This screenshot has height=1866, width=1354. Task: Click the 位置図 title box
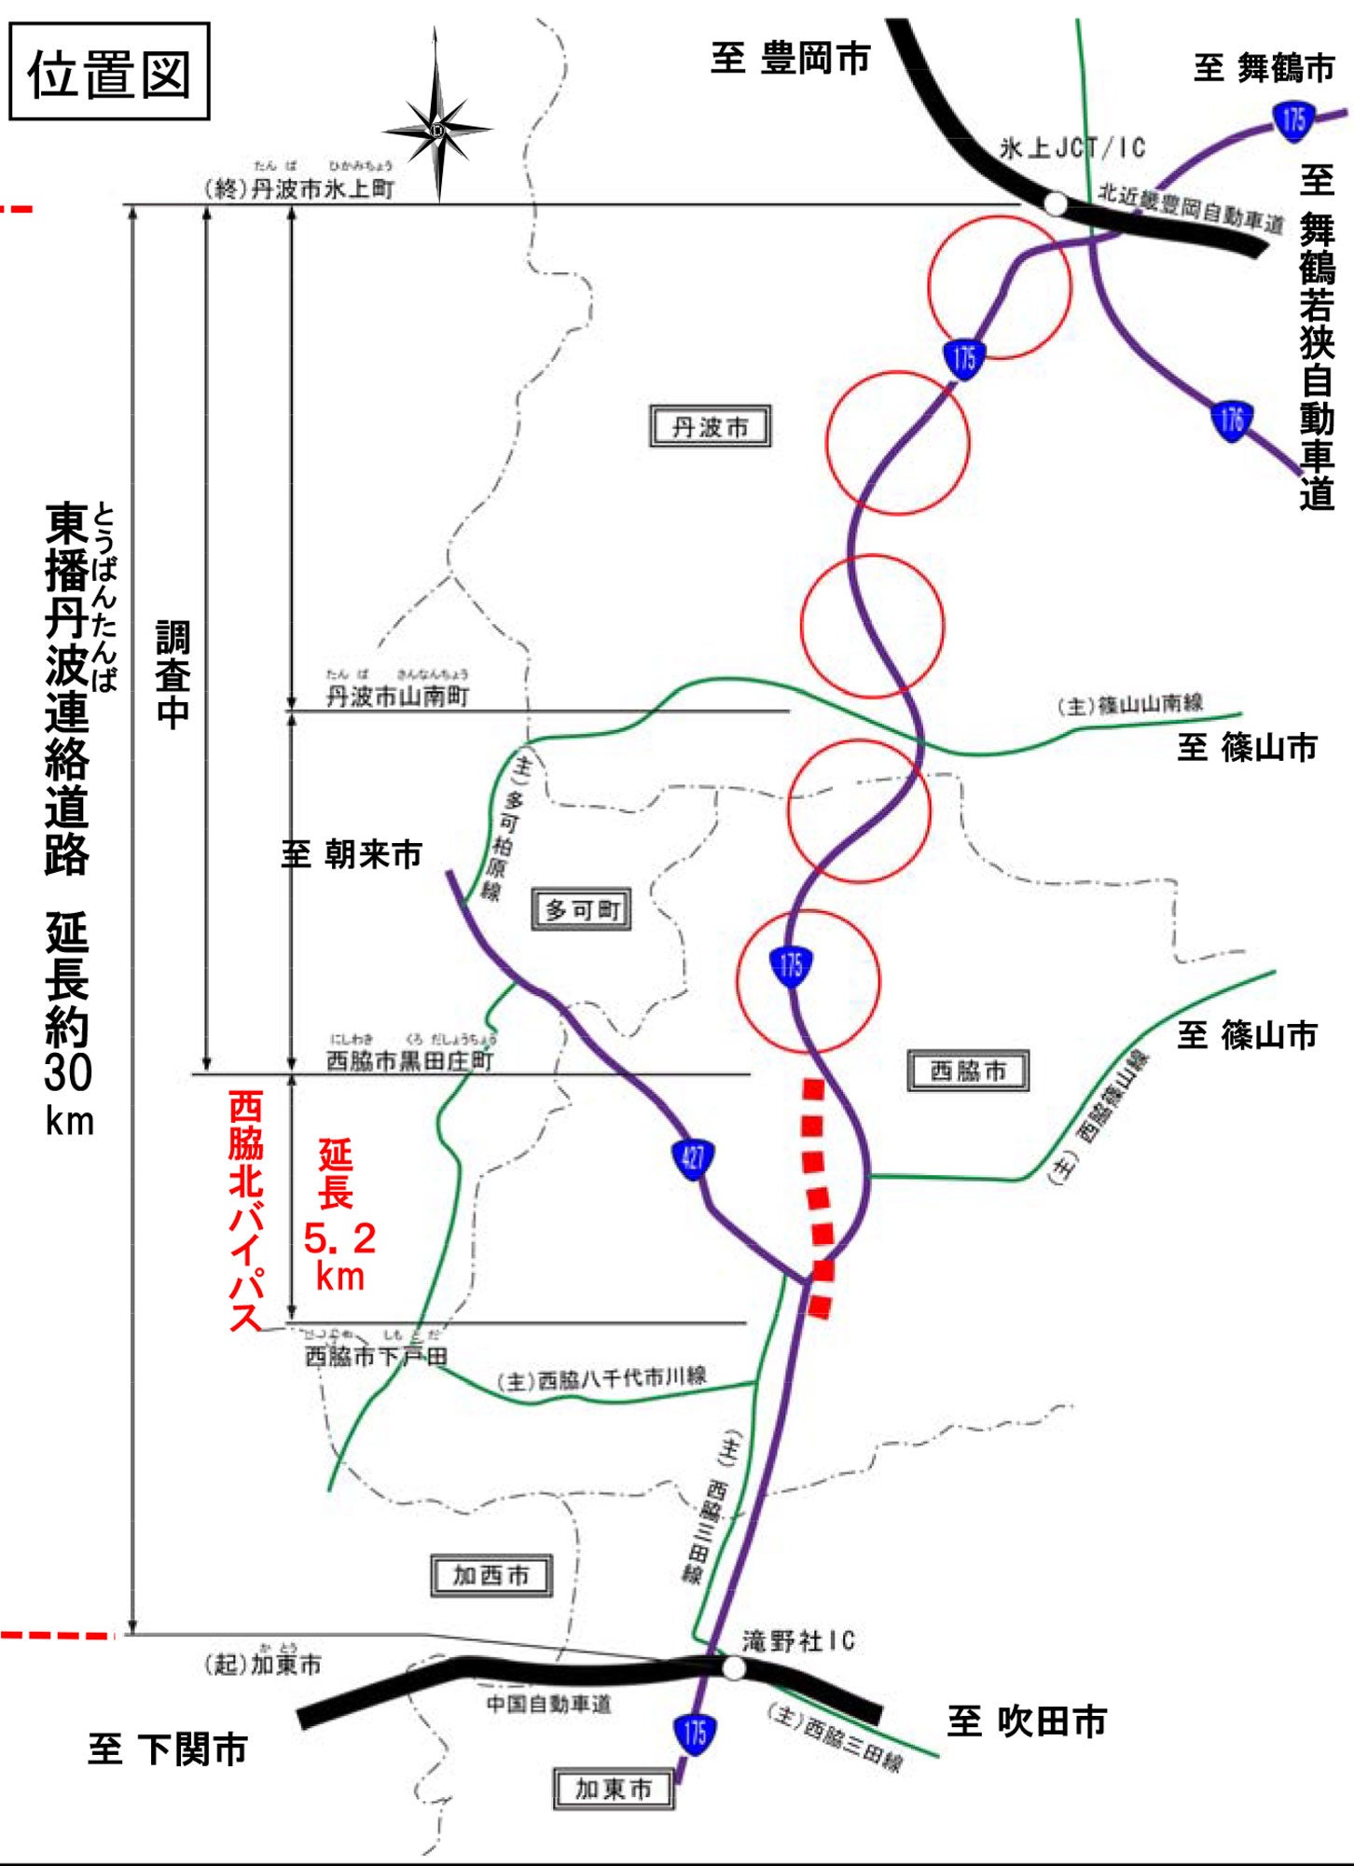pos(109,73)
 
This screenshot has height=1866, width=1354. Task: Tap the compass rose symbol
pos(436,128)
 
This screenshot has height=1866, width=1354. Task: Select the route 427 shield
pos(693,1158)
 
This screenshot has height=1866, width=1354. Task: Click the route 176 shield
pos(1232,420)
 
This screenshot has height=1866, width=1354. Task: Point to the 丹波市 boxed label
pos(710,427)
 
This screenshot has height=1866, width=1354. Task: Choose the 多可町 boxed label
pos(582,909)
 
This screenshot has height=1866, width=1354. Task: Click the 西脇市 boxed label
pos(968,1071)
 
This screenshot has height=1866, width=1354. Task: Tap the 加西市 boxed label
pos(491,1575)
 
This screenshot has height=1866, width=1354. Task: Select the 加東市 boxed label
pos(614,1788)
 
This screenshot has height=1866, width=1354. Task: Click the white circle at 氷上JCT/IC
pos(1055,203)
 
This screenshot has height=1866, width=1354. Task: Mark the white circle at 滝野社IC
pos(734,1668)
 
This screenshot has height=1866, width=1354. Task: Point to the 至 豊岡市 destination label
pos(790,58)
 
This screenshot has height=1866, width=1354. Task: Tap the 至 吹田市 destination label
pos(1027,1721)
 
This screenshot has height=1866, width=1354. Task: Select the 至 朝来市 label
pos(352,853)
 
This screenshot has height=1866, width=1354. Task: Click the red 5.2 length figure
pos(339,1238)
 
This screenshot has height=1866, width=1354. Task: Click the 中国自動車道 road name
pos(549,1704)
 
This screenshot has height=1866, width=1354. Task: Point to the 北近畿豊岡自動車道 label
pos(1190,208)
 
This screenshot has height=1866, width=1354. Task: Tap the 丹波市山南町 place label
pos(397,696)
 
